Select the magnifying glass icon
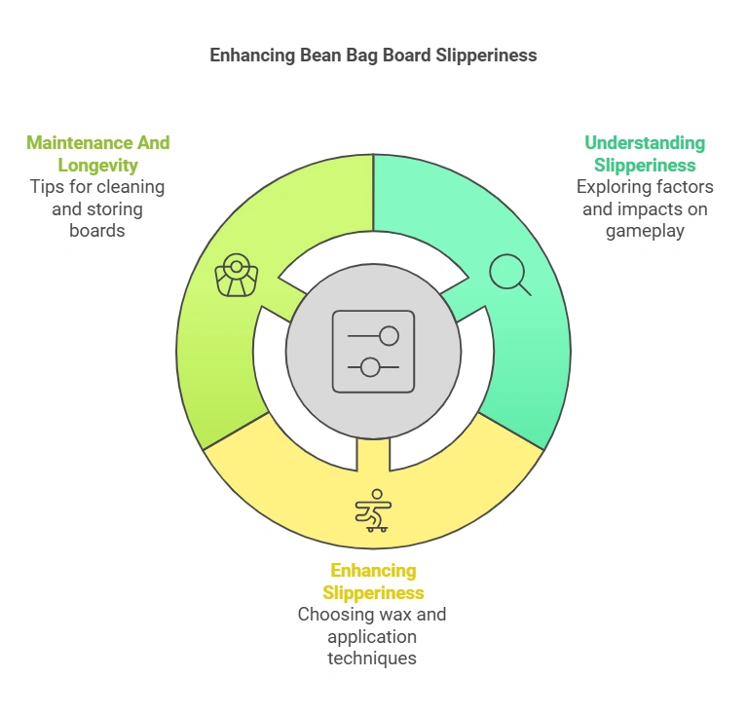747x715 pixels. (x=508, y=274)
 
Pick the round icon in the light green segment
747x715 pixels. (x=236, y=275)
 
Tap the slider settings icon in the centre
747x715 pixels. (x=373, y=351)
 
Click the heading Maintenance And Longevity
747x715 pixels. (x=97, y=153)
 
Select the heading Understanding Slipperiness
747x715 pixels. (x=645, y=153)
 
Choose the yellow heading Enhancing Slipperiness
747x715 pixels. (x=373, y=581)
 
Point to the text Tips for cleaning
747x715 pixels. (x=96, y=186)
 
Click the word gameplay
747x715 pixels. (x=645, y=231)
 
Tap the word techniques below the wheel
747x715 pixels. (x=372, y=658)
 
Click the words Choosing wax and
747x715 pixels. (x=372, y=614)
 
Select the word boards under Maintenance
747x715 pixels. (x=96, y=231)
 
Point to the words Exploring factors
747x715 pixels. (x=645, y=186)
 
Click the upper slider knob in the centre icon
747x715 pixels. (x=390, y=336)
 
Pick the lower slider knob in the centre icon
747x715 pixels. (x=369, y=366)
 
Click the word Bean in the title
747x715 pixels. (x=312, y=56)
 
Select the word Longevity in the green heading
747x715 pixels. (x=97, y=165)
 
